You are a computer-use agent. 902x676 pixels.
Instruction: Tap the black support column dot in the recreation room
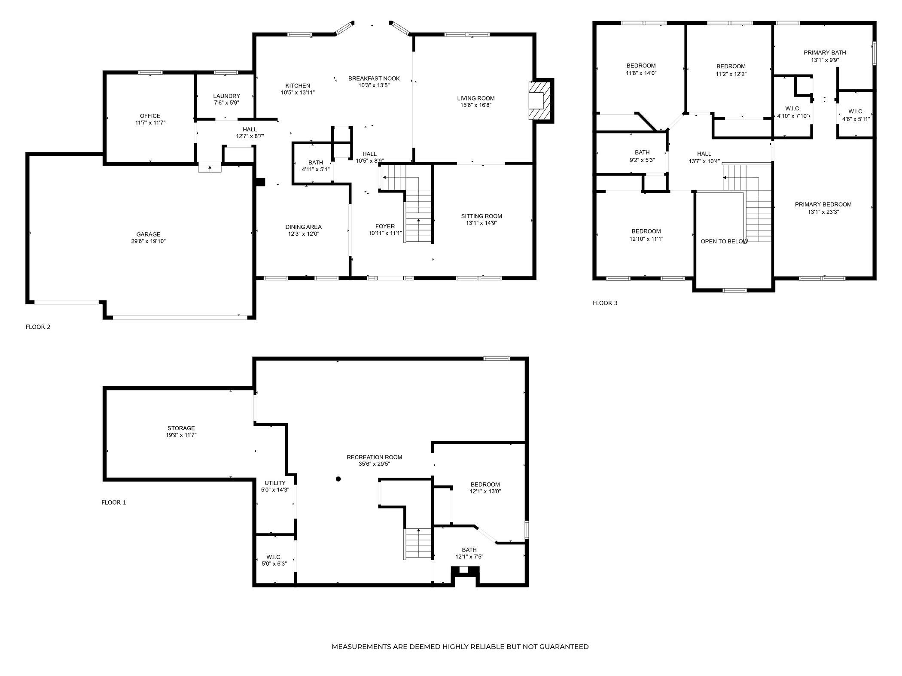pyautogui.click(x=338, y=479)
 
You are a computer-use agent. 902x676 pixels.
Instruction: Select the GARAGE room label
pyautogui.click(x=149, y=234)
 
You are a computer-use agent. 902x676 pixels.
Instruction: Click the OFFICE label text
pyautogui.click(x=150, y=116)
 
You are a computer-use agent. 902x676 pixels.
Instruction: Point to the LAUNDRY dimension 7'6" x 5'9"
pyautogui.click(x=226, y=103)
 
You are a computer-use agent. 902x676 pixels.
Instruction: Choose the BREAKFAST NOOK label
pyautogui.click(x=374, y=79)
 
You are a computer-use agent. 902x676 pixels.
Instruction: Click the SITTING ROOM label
pyautogui.click(x=481, y=216)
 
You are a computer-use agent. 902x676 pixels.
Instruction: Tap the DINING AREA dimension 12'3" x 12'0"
pyautogui.click(x=303, y=234)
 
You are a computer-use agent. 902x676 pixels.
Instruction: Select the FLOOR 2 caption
pyautogui.click(x=38, y=327)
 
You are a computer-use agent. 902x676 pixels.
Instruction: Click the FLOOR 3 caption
pyautogui.click(x=605, y=303)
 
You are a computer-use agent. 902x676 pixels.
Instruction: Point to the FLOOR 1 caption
pyautogui.click(x=114, y=503)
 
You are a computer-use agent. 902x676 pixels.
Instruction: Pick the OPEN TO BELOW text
pyautogui.click(x=725, y=242)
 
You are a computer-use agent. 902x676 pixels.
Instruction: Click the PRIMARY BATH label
pyautogui.click(x=825, y=53)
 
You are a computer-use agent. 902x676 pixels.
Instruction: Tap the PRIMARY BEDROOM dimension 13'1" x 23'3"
pyautogui.click(x=823, y=212)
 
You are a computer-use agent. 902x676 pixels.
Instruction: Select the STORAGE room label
pyautogui.click(x=181, y=428)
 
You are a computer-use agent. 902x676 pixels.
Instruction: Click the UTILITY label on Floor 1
pyautogui.click(x=275, y=483)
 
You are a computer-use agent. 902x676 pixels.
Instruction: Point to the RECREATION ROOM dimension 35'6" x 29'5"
pyautogui.click(x=375, y=464)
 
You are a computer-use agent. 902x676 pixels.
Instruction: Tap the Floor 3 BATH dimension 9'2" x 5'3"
pyautogui.click(x=642, y=160)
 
